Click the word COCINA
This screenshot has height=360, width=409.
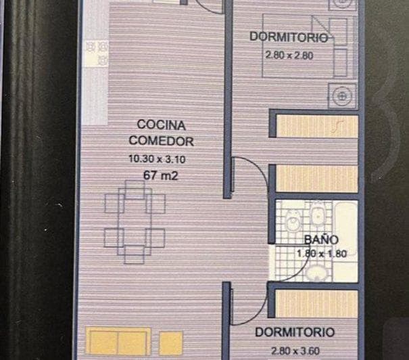click(161, 125)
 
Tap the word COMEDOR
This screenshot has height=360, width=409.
click(161, 141)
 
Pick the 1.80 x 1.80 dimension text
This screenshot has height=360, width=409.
click(321, 254)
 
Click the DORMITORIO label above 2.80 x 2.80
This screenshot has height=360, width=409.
click(289, 37)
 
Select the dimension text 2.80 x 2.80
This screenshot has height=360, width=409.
click(289, 56)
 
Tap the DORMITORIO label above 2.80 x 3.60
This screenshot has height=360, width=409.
click(294, 332)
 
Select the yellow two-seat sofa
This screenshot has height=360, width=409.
click(118, 342)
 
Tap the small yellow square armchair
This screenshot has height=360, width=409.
click(172, 342)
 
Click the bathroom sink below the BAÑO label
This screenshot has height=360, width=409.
click(314, 272)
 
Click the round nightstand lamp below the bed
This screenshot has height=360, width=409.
click(341, 97)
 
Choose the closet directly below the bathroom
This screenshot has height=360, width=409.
click(316, 302)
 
